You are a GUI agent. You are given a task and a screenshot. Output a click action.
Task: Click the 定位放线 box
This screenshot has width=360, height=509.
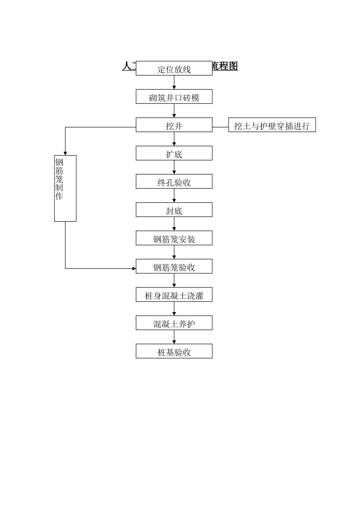coord(174,68)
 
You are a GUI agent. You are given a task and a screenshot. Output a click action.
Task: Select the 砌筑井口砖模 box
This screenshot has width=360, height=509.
coord(174,97)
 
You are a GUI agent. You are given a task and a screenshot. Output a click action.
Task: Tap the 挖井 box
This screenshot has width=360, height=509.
coord(174,125)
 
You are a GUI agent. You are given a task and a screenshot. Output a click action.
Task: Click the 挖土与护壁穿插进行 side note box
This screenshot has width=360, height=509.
coord(272,125)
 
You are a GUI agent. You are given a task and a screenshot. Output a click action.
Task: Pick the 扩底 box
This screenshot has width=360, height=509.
coord(174,153)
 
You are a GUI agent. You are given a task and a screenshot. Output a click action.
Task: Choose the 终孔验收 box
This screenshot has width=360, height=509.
coord(174,181)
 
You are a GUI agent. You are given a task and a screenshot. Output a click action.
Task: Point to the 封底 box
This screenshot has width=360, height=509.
coord(174,210)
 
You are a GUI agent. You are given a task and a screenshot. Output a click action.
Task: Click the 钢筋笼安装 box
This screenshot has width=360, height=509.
coord(174,238)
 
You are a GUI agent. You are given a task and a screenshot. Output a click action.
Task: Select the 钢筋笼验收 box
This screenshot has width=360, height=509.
coord(174,267)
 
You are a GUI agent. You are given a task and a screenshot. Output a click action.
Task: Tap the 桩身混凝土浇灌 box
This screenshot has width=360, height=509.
coord(174,295)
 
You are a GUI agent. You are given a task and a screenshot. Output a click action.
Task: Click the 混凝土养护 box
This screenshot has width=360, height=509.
coord(174,323)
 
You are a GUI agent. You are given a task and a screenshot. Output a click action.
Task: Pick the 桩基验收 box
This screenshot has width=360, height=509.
coord(174,351)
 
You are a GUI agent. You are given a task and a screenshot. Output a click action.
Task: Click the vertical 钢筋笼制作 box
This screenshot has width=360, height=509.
coord(65,188)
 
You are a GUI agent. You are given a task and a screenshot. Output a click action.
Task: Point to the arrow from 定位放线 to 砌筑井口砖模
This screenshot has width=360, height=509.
coord(174,83)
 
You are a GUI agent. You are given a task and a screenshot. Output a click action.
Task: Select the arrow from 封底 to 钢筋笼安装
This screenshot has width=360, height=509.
coord(174,224)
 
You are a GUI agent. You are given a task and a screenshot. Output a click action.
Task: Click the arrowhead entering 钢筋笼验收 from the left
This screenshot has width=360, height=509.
coord(134,269)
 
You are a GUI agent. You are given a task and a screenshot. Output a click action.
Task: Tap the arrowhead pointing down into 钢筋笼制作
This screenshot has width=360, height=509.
coord(65,153)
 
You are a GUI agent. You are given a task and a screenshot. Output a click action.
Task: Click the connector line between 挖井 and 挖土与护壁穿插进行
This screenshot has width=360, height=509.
coord(220,127)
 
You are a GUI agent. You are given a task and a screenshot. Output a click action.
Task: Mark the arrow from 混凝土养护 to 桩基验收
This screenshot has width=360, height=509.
coord(174,337)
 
